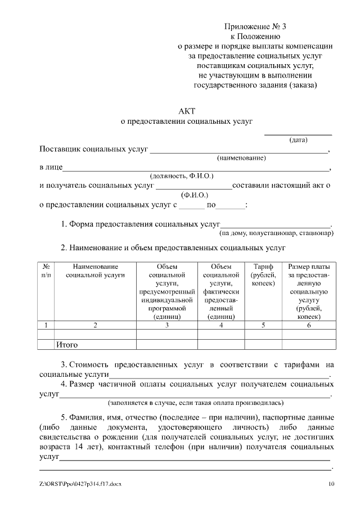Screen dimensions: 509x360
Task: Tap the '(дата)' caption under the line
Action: pos(298,140)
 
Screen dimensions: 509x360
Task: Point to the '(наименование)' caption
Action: pos(241,159)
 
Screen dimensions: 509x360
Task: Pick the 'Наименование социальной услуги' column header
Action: pos(95,271)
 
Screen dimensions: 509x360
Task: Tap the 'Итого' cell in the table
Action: pos(66,344)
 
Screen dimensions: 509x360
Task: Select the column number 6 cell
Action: pos(309,325)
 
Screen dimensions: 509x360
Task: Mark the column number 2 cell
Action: pos(95,325)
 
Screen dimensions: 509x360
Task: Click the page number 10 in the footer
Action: pos(331,484)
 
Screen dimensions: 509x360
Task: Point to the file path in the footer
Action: pos(80,484)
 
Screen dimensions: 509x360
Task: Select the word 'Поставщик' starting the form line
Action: pos(59,150)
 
